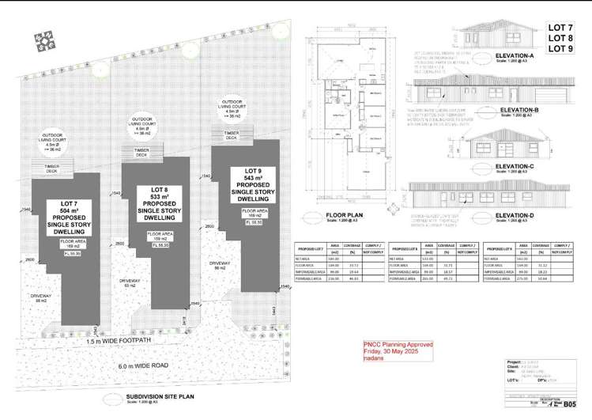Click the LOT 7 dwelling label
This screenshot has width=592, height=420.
point(65,216)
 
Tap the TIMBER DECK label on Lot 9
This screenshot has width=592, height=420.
point(232,135)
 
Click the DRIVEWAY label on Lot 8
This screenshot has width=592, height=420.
point(131,282)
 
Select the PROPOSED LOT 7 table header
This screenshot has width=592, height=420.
point(311,248)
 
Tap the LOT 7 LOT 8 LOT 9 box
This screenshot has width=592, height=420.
point(560,37)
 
